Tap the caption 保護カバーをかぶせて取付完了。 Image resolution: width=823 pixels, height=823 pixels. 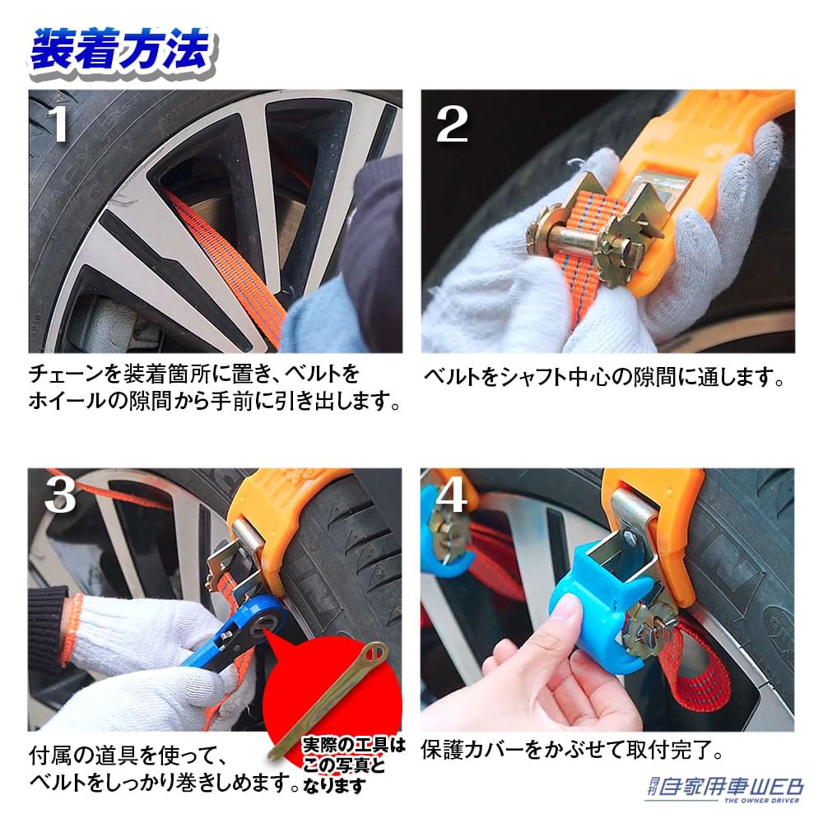click(572, 751)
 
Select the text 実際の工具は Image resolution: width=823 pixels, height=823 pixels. click(354, 746)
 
